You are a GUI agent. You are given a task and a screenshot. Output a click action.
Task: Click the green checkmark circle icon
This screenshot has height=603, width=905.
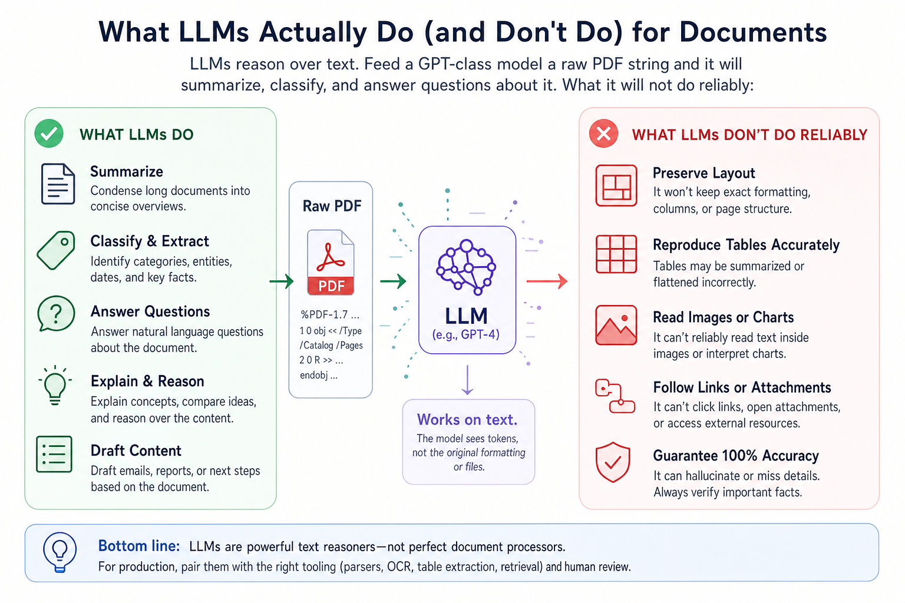coord(49,133)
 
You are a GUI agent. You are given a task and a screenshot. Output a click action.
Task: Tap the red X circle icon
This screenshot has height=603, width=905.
coord(603,133)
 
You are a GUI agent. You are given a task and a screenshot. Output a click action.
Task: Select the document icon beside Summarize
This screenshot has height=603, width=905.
coord(58,184)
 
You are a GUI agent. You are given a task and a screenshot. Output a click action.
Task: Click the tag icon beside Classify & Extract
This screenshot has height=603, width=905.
coord(56,250)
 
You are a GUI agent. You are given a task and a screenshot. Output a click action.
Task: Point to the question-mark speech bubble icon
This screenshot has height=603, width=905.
coord(56,313)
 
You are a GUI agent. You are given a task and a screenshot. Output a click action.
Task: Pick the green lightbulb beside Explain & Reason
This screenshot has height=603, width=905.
coord(55,385)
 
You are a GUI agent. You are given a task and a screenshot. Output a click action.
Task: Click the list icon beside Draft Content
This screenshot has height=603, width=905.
coord(54,454)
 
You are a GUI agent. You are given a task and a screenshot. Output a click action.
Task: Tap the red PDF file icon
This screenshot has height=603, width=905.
coord(331,262)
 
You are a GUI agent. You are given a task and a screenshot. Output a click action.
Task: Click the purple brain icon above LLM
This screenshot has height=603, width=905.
coord(466,267)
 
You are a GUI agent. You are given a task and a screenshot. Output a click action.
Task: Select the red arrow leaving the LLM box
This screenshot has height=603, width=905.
coord(547,281)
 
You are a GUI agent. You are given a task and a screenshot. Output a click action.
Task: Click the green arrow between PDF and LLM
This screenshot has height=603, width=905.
coord(393,281)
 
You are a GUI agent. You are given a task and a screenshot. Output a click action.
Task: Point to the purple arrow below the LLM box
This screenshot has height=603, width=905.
coord(467,380)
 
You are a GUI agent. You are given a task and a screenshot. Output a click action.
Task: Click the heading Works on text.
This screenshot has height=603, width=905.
coord(467,420)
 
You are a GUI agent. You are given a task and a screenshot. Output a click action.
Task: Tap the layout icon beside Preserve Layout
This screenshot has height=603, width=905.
coord(616,185)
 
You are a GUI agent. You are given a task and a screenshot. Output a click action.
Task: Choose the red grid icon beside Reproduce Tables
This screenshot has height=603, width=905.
coord(616,254)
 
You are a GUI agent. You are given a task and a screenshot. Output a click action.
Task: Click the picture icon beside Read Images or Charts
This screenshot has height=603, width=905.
coord(616,325)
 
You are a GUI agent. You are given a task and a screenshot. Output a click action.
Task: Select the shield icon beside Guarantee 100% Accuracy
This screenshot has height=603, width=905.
coord(613,462)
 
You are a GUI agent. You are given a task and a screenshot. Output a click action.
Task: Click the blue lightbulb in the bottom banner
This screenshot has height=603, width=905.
coord(60,552)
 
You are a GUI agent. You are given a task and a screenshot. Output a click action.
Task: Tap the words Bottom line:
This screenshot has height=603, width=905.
coord(139,546)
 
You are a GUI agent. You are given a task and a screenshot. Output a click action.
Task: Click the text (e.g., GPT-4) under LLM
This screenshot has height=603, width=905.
coord(466,334)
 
